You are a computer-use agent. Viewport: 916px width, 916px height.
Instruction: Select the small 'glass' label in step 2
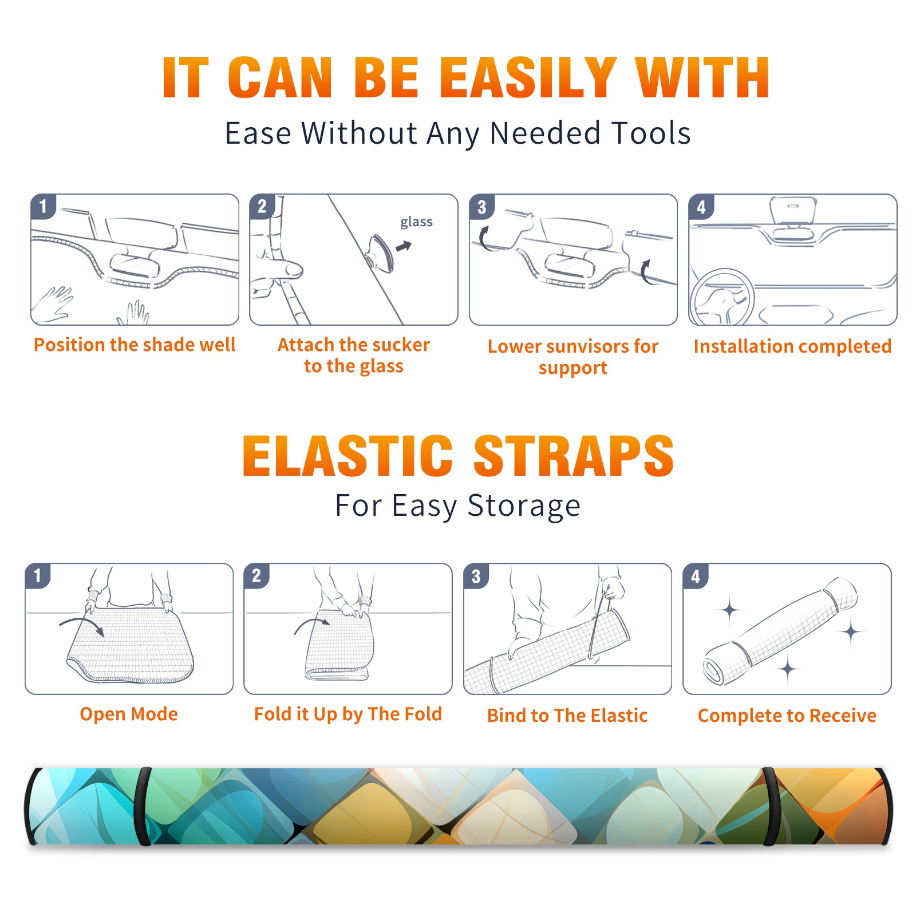tap(416, 222)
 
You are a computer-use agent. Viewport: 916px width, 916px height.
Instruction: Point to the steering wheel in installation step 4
tap(722, 297)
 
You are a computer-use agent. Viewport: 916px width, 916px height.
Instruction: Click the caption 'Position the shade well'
tap(135, 345)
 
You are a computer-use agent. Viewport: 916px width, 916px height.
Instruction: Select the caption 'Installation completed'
tap(792, 346)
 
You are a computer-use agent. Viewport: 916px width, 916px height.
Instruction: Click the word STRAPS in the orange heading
tap(574, 456)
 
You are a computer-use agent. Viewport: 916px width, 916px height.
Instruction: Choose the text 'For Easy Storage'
tap(457, 506)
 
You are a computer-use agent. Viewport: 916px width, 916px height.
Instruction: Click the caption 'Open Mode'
tap(129, 714)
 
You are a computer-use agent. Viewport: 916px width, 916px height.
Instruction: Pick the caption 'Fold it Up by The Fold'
tap(348, 714)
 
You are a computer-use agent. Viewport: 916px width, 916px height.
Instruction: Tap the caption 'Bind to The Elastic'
tap(567, 716)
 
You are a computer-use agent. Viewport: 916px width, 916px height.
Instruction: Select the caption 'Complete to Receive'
tap(787, 716)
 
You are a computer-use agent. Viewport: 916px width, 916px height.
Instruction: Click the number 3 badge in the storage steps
tap(476, 576)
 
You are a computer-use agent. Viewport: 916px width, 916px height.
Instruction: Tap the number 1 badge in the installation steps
tap(43, 206)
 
